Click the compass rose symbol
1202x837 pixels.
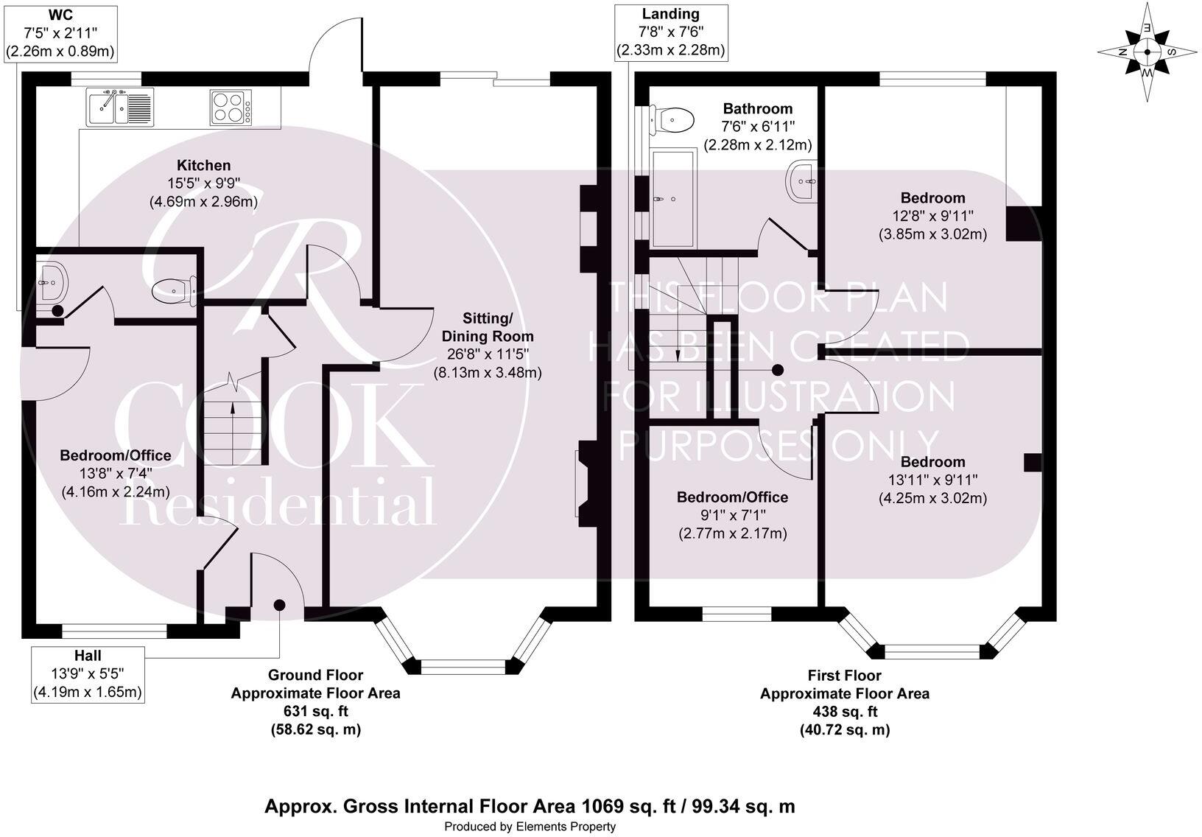point(1147,53)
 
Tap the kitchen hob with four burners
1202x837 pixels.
point(231,107)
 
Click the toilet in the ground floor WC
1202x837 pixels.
point(174,290)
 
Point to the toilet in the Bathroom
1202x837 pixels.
point(672,119)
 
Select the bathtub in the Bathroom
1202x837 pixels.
point(672,199)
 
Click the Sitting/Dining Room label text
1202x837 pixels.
point(487,327)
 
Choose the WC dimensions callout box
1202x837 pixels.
point(61,32)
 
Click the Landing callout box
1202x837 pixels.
point(670,32)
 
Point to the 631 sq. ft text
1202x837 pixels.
point(315,711)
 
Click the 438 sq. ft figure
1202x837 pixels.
point(844,711)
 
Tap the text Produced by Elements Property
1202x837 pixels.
point(530,827)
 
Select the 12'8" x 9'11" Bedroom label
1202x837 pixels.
point(932,216)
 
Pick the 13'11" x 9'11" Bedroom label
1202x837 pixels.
point(932,480)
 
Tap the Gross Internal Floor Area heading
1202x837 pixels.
point(530,806)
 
